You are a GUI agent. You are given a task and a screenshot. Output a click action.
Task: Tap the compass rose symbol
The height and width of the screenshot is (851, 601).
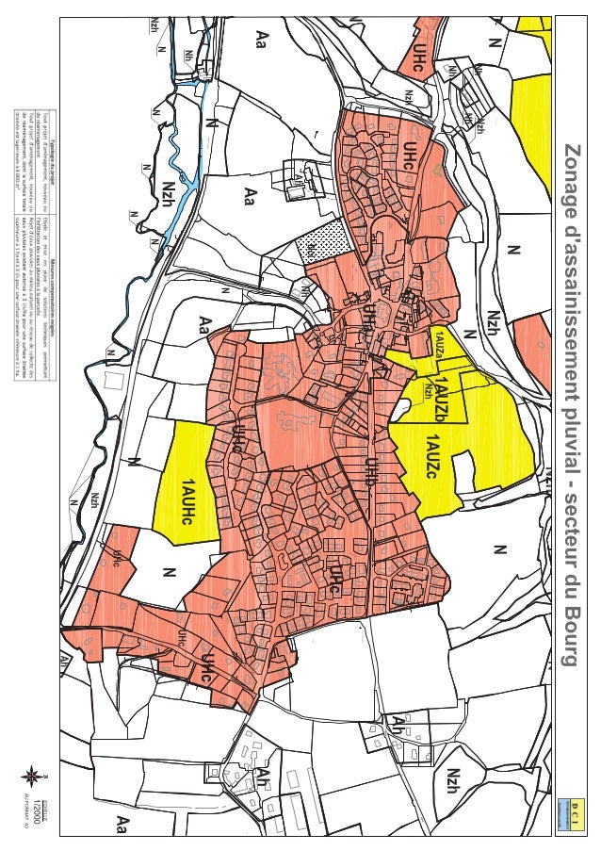(x=34, y=777)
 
